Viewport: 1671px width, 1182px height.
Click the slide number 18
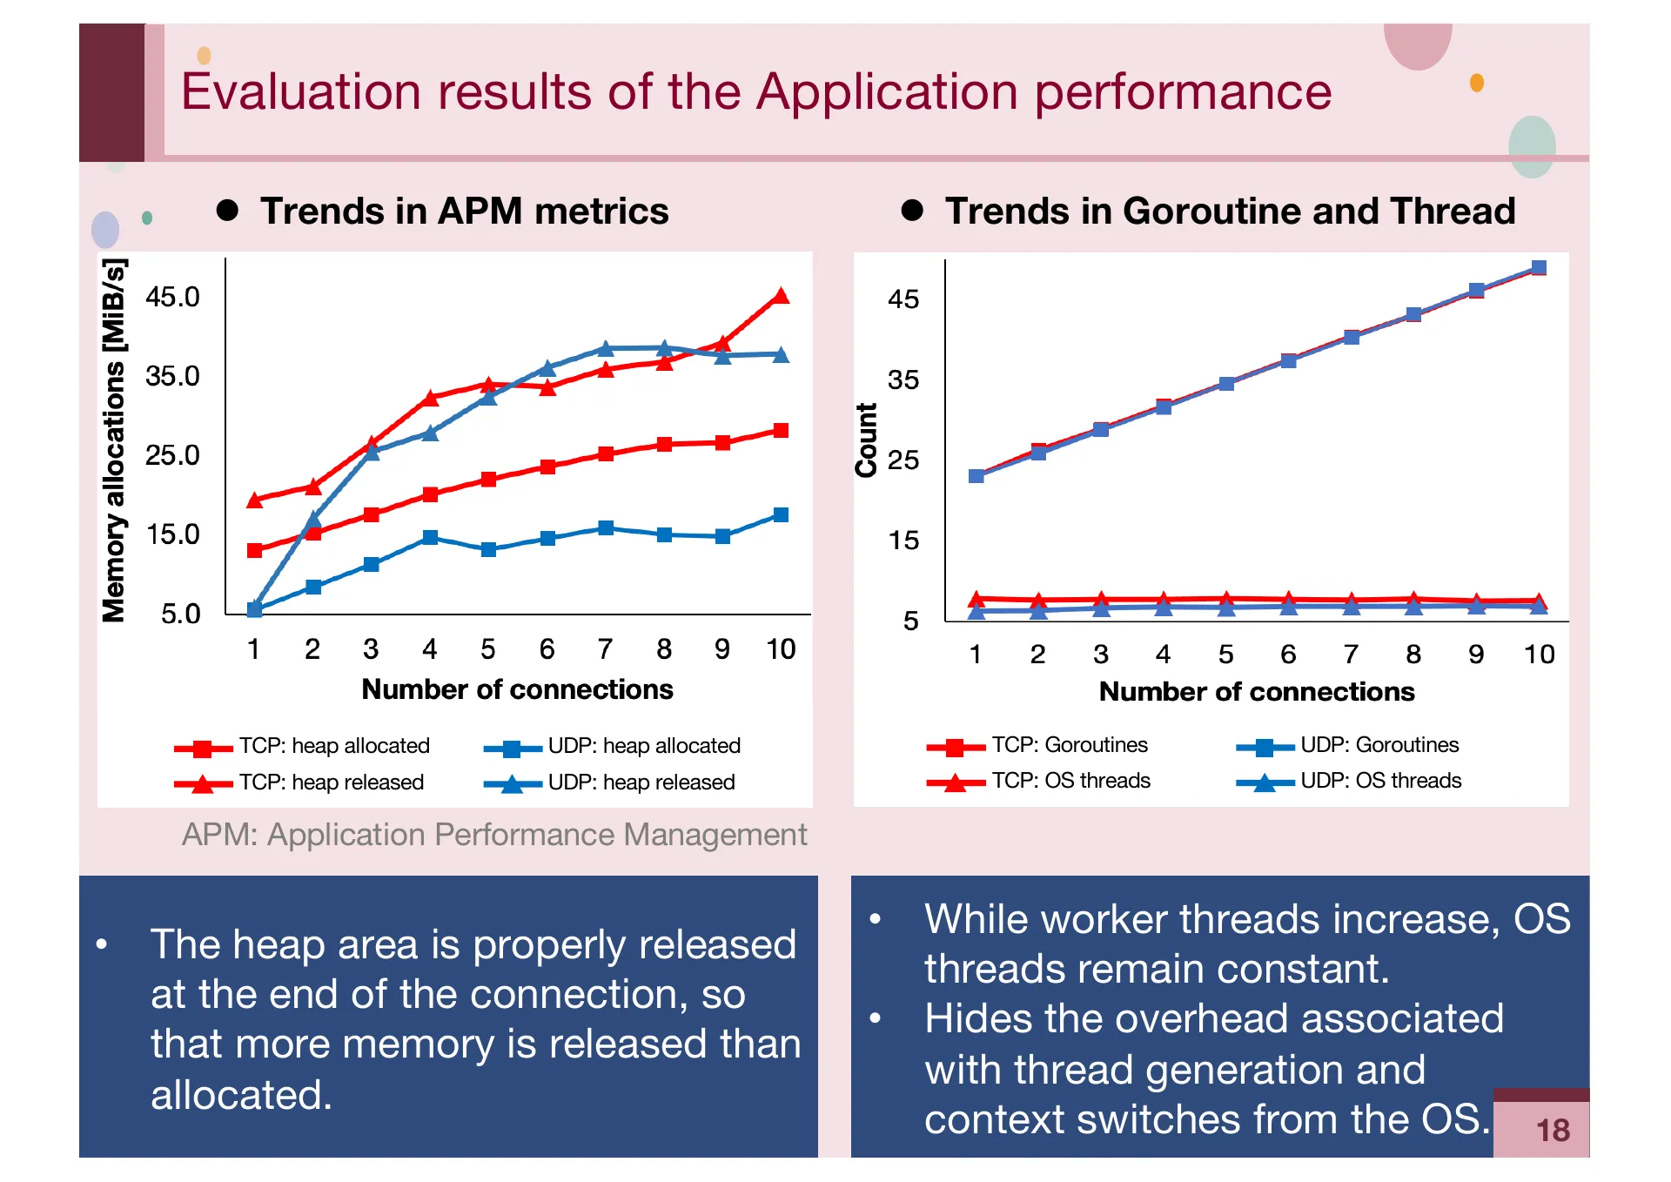pyautogui.click(x=1553, y=1130)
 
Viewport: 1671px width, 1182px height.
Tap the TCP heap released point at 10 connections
pyautogui.click(x=781, y=296)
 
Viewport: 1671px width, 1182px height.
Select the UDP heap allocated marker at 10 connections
pyautogui.click(x=781, y=514)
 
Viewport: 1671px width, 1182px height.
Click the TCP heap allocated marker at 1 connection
pyautogui.click(x=254, y=550)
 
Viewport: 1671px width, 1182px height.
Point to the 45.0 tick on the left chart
pyautogui.click(x=172, y=297)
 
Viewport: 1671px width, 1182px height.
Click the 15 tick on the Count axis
pyautogui.click(x=903, y=541)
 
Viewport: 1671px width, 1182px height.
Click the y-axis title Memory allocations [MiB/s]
pyautogui.click(x=114, y=440)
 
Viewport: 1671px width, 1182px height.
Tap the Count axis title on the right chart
pyautogui.click(x=866, y=440)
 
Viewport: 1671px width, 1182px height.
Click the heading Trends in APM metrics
pyautogui.click(x=464, y=212)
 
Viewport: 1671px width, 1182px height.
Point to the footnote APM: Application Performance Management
pyautogui.click(x=493, y=835)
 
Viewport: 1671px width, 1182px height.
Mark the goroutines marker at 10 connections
pyautogui.click(x=1539, y=267)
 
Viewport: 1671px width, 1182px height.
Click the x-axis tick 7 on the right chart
pyautogui.click(x=1351, y=654)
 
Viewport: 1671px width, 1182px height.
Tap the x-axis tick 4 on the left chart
pyautogui.click(x=429, y=649)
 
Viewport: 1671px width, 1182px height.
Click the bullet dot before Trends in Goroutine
pyautogui.click(x=912, y=211)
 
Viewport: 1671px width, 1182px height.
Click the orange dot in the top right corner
pyautogui.click(x=1477, y=83)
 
